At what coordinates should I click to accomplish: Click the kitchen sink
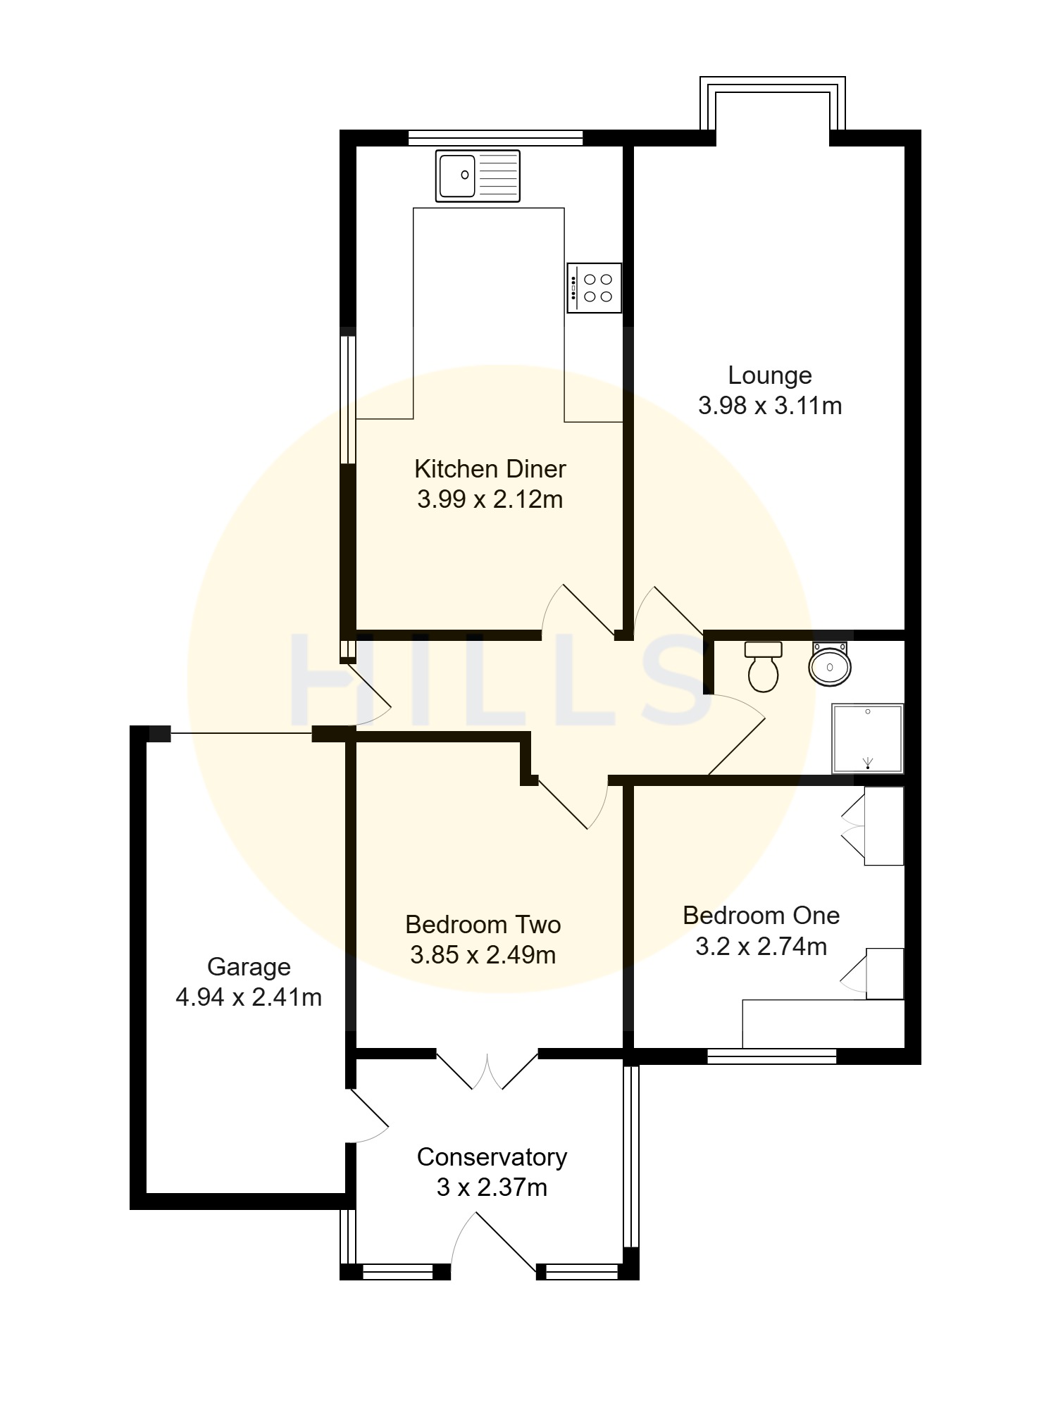[x=478, y=175]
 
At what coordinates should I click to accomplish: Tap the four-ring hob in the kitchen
[x=595, y=288]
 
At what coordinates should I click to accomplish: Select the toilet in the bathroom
[x=764, y=666]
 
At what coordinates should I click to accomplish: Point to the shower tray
[x=868, y=738]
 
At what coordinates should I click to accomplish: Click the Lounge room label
[x=770, y=375]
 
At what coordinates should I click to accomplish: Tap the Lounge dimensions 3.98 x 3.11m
[x=770, y=406]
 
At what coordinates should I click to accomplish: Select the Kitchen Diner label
[x=490, y=469]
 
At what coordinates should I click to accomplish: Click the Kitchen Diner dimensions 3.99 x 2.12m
[x=490, y=500]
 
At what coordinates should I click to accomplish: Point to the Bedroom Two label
[x=483, y=925]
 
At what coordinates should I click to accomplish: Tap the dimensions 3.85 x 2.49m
[x=483, y=956]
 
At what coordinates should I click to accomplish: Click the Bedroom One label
[x=761, y=916]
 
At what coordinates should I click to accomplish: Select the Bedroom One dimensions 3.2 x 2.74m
[x=761, y=947]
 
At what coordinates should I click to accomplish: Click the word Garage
[x=249, y=968]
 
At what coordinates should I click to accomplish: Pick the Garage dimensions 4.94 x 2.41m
[x=249, y=998]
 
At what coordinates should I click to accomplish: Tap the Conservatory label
[x=492, y=1157]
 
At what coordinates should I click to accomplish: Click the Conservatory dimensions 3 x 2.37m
[x=492, y=1188]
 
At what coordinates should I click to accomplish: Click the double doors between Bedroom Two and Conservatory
[x=487, y=1071]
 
